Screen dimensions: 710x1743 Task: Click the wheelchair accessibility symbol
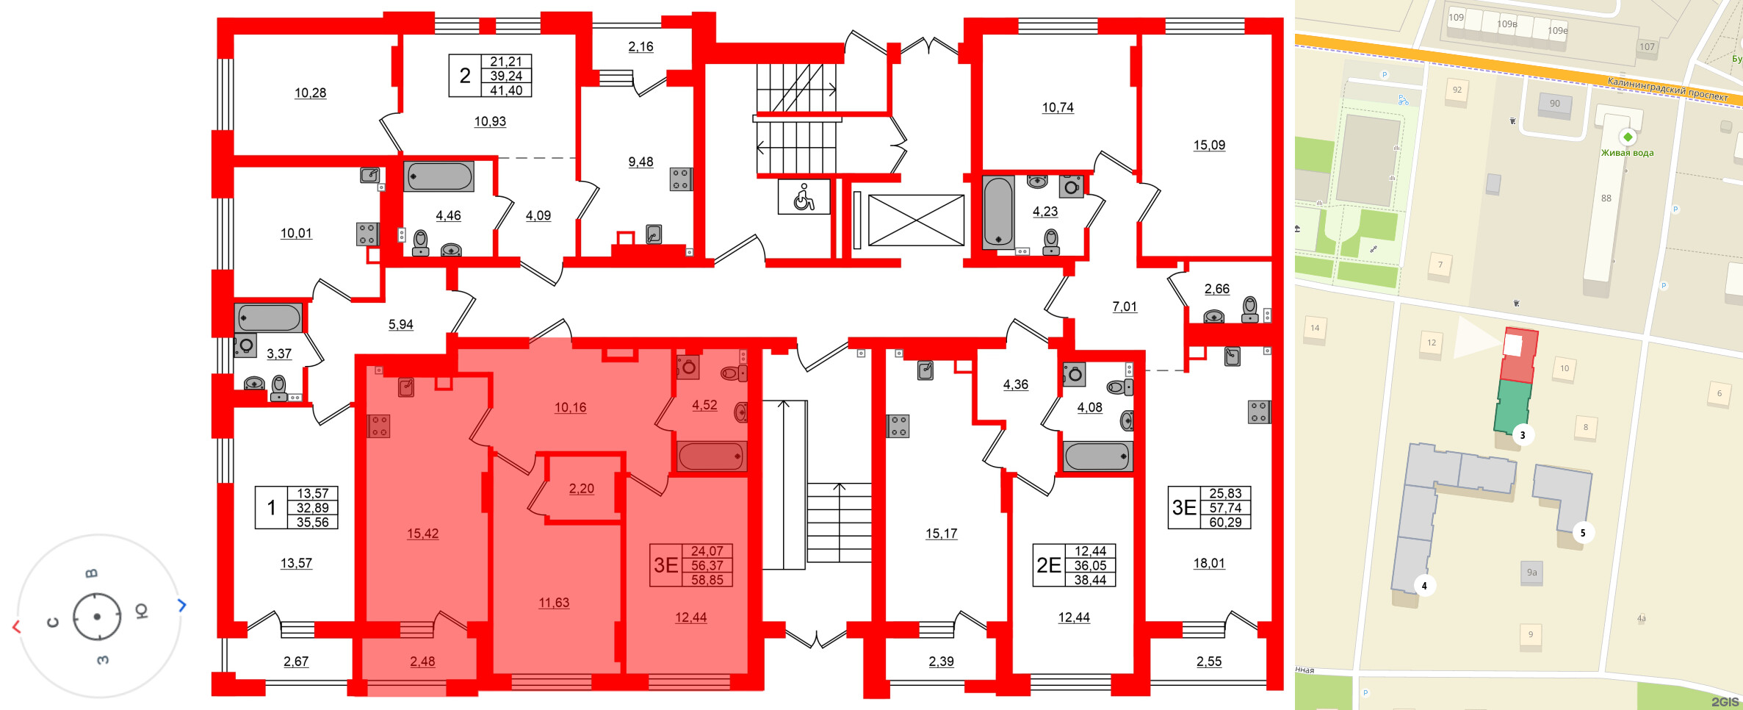[804, 197]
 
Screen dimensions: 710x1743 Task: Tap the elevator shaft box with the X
[916, 220]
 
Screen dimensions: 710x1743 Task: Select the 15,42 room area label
[422, 534]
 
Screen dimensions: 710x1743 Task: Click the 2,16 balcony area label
[640, 46]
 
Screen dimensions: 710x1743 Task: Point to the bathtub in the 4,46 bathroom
[439, 176]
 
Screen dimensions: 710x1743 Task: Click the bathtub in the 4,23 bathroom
[998, 212]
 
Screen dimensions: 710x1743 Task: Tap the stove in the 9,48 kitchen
[680, 179]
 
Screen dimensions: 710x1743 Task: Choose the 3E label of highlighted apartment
[666, 565]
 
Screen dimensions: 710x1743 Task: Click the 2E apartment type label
[1049, 565]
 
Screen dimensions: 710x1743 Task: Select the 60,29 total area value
[1225, 522]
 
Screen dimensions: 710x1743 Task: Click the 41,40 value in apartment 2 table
[505, 90]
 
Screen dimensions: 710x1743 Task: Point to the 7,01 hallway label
[1124, 306]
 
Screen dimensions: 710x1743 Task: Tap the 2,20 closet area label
[581, 489]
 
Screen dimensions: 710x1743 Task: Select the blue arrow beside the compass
[182, 605]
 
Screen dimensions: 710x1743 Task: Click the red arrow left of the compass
[16, 626]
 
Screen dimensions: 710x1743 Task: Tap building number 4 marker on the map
[1424, 586]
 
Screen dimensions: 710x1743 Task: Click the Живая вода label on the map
[1627, 153]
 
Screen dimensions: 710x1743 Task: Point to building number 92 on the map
[1457, 90]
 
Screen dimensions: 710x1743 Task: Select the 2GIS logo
[1724, 702]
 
